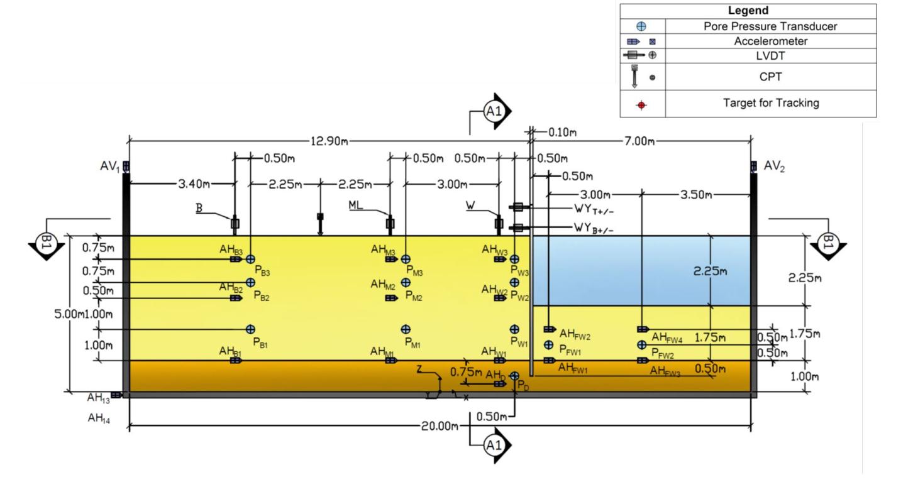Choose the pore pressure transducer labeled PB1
tap(250, 329)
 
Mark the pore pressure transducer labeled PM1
tap(406, 329)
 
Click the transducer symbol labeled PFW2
tap(641, 344)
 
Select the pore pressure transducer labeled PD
tap(514, 376)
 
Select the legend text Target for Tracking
tap(770, 103)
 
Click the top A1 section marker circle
tap(492, 112)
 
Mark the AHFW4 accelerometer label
tap(667, 339)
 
